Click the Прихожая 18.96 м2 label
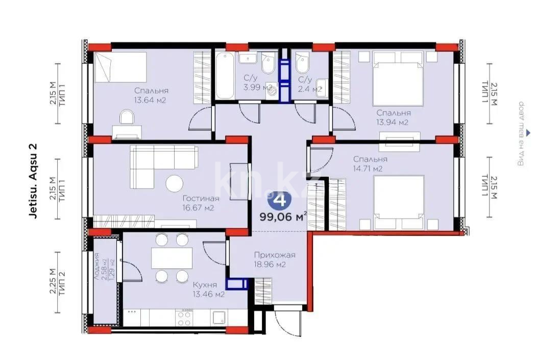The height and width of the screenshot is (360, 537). coord(274,259)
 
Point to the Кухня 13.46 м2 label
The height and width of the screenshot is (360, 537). coord(208,290)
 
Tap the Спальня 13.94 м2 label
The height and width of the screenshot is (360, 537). coord(393,117)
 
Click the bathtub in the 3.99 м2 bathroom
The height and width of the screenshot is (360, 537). coord(225,77)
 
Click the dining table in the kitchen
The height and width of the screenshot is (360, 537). coord(172,257)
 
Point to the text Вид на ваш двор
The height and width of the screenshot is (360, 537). coord(521,134)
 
